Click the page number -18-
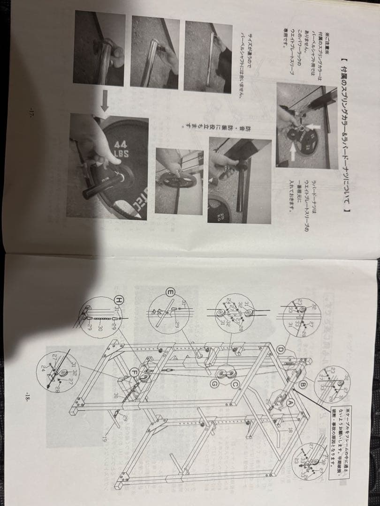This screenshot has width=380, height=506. pyautogui.click(x=27, y=395)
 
